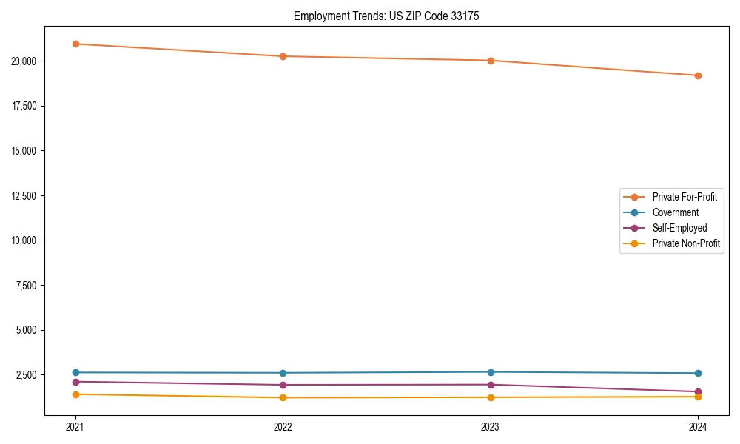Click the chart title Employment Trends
pos(386,16)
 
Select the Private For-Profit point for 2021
pos(75,44)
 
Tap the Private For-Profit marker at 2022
pos(283,56)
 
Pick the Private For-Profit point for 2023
pos(491,61)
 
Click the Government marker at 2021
pos(75,372)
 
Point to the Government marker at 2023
pos(491,372)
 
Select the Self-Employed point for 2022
pos(283,385)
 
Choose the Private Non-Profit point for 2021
pos(75,394)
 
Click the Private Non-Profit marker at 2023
pos(491,397)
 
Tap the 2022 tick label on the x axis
pos(283,426)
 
